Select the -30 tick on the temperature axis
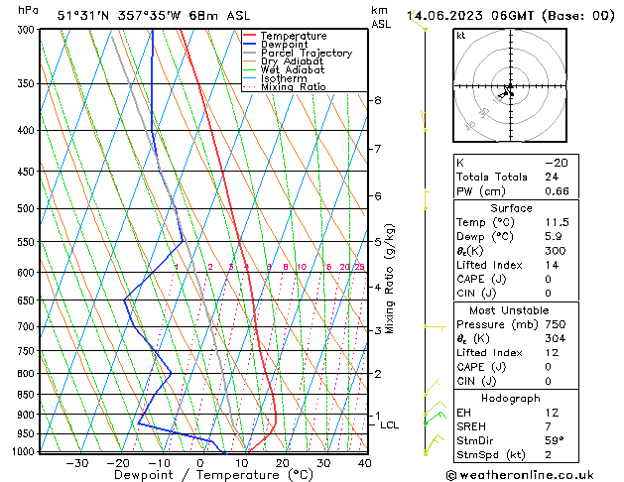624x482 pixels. click(76, 463)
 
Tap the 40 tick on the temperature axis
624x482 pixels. click(365, 463)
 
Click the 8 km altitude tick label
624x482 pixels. click(377, 101)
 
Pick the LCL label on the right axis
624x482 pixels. click(390, 425)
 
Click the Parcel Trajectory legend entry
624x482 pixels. click(306, 54)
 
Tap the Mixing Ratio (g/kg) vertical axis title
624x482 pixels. click(390, 279)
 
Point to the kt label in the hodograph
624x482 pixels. click(461, 36)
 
